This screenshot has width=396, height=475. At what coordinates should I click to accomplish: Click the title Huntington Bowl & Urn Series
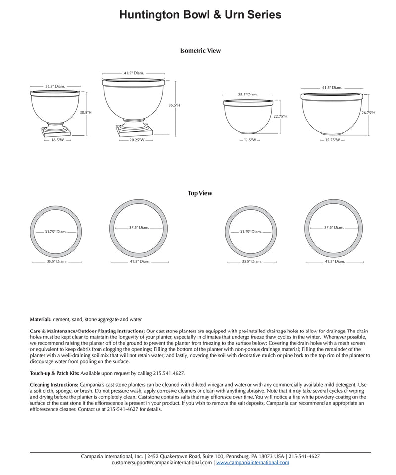pos(200,15)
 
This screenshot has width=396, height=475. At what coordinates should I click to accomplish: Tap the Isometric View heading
pos(200,51)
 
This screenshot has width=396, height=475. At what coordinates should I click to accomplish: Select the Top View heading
pos(200,193)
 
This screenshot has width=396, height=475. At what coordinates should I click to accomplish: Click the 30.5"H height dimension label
pos(85,113)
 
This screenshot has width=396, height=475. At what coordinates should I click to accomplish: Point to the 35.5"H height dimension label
pos(174,105)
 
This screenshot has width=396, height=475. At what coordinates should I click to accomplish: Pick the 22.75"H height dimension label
pos(280,117)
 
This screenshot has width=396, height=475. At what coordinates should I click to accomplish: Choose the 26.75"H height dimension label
pos(368,113)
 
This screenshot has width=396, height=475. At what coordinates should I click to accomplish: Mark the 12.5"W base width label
pos(250,140)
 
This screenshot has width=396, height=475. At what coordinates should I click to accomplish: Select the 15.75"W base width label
pos(332,140)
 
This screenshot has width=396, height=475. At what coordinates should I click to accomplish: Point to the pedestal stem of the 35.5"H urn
pos(134,120)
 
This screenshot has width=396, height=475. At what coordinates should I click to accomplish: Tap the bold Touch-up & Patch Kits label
pos(54,373)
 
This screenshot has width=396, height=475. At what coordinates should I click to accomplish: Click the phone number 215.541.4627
pos(170,373)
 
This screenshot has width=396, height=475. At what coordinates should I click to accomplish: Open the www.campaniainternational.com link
pos(252,462)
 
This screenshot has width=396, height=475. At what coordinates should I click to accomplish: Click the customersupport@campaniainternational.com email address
pos(162,462)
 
